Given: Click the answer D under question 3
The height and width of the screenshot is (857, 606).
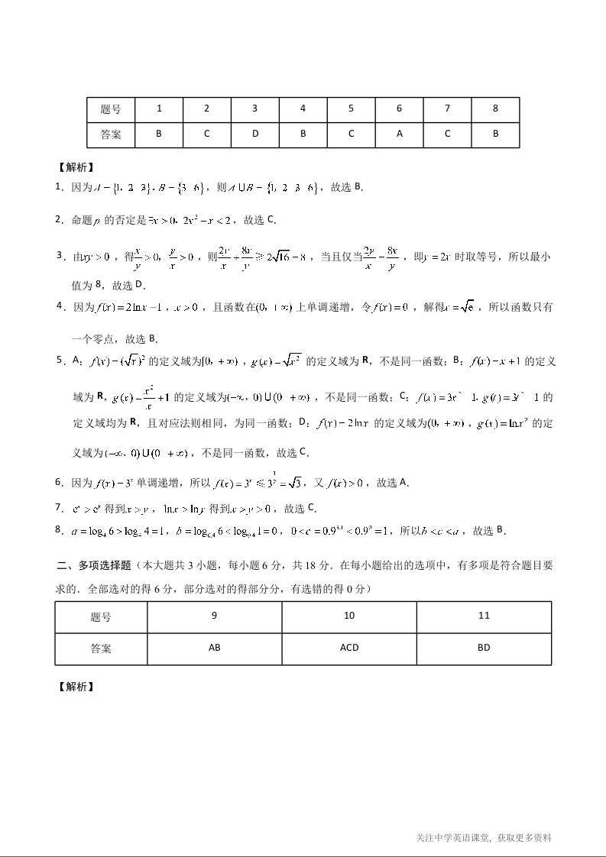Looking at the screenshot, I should [x=255, y=134].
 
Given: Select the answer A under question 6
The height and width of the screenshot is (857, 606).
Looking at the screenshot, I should [x=399, y=134].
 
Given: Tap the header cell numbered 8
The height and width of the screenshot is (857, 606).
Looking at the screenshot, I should [x=495, y=108].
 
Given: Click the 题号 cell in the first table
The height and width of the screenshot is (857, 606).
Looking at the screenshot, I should [x=111, y=108].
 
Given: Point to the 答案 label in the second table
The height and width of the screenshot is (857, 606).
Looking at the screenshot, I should [x=101, y=648].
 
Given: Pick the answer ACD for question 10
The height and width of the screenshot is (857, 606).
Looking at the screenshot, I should [x=349, y=648].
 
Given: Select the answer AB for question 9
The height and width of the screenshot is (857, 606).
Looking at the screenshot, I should [x=215, y=648].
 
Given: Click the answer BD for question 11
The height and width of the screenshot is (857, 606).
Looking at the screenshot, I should [x=484, y=648].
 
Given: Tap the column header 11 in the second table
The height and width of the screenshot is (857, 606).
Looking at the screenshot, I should [x=484, y=616].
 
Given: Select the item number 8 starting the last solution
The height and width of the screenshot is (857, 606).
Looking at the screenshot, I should [x=59, y=530].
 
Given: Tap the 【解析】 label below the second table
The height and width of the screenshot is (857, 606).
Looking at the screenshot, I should [x=76, y=686].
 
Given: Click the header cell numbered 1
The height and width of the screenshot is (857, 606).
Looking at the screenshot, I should [x=159, y=108].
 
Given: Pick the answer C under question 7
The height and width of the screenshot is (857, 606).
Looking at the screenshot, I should [x=447, y=134].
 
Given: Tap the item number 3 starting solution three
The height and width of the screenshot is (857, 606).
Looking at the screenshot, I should [x=59, y=255].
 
